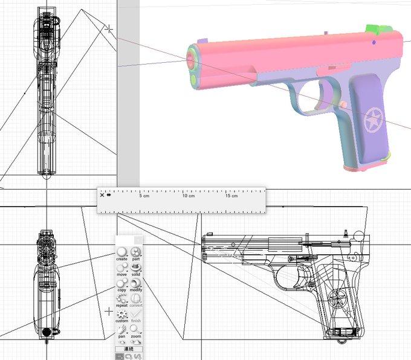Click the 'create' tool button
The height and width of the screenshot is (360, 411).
point(122,254)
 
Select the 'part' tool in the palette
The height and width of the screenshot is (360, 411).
point(136,254)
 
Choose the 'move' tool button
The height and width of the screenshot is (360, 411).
point(122,269)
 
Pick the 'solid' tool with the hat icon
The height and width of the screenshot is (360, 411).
point(136,269)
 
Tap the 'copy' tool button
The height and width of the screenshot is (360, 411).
point(122,284)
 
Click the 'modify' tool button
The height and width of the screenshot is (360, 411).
point(136,284)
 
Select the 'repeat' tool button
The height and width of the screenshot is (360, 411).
point(122,300)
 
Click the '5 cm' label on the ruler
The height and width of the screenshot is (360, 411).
point(144,196)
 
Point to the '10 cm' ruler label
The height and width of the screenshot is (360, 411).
point(188,196)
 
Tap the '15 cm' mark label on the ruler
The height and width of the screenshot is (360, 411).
point(231,196)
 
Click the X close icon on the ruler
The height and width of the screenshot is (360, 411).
point(102,195)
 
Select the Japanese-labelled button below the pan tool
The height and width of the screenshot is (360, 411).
point(129,349)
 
